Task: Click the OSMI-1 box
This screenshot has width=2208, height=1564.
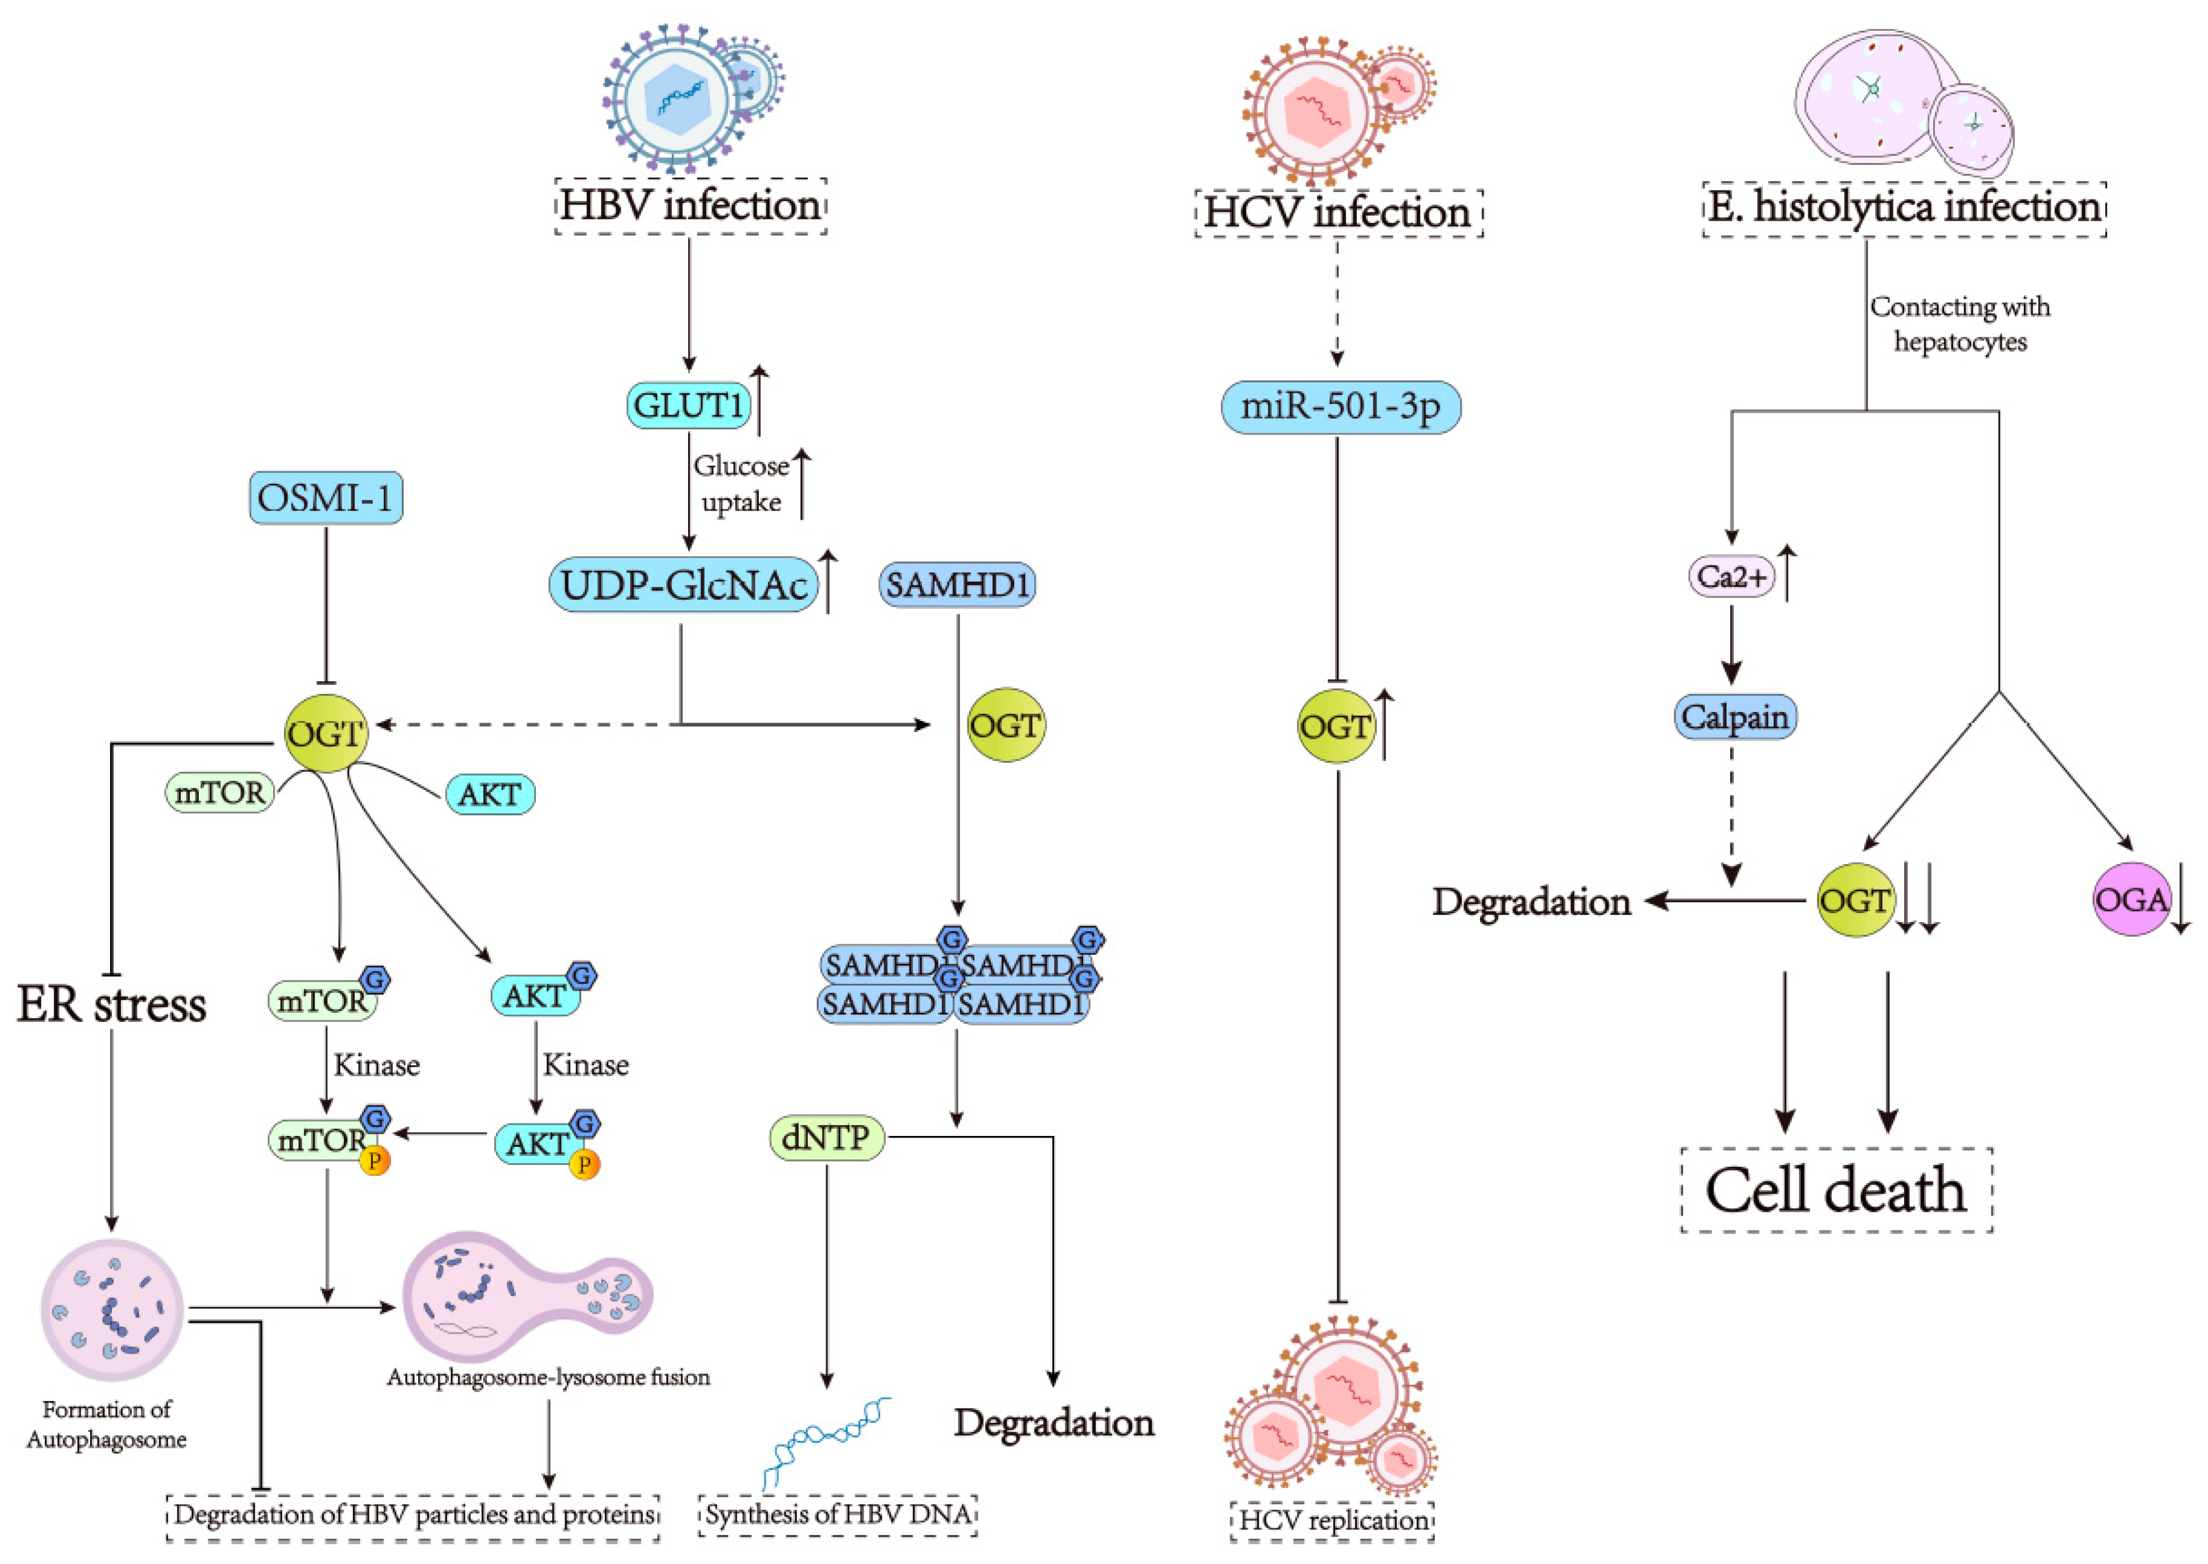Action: pyautogui.click(x=326, y=498)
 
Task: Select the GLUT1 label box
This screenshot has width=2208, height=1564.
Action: pyautogui.click(x=688, y=405)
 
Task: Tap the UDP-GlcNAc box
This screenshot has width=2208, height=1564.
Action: pyautogui.click(x=683, y=585)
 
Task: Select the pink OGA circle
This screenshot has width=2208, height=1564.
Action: pyautogui.click(x=2131, y=899)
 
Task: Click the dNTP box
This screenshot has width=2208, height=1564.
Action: pyautogui.click(x=826, y=1138)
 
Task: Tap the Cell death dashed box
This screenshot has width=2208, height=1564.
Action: pyautogui.click(x=1836, y=1190)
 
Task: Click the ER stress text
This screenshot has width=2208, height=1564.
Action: pyautogui.click(x=112, y=1004)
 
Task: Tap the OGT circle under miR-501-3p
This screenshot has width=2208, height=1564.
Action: pyautogui.click(x=1335, y=726)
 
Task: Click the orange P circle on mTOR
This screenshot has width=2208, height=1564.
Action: pyautogui.click(x=375, y=1162)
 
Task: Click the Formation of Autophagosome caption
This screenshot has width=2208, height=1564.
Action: pyautogui.click(x=107, y=1424)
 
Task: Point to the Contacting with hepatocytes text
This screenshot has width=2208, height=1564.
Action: pyautogui.click(x=1959, y=324)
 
